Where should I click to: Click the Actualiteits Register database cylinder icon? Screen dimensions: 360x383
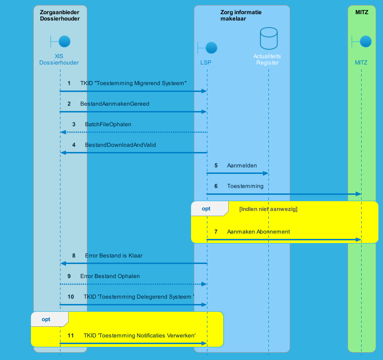tap(268, 39)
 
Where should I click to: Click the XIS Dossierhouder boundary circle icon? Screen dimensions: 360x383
tap(64, 42)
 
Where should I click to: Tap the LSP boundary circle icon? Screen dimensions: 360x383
tap(211, 48)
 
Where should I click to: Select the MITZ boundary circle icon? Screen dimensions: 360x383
tap(365, 42)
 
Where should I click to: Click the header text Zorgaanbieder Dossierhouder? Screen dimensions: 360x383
tap(60, 15)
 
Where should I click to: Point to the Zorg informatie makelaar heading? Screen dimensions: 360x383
tap(241, 15)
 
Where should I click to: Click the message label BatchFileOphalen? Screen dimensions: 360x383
tap(108, 124)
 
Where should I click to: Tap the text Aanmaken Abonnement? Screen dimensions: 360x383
tap(258, 232)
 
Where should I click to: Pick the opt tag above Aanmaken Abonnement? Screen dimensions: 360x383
tap(206, 208)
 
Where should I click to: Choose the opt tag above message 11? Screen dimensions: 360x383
tap(46, 319)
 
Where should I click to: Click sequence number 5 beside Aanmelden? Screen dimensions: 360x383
tap(216, 166)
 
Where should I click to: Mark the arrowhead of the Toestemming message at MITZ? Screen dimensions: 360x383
tap(358, 194)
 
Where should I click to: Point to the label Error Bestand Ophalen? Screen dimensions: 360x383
tap(110, 276)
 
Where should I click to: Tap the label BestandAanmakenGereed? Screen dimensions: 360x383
tap(115, 104)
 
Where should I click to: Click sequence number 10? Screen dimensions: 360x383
tap(71, 297)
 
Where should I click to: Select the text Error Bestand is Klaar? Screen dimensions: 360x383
tap(113, 256)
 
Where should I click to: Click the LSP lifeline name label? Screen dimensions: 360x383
tap(206, 62)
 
